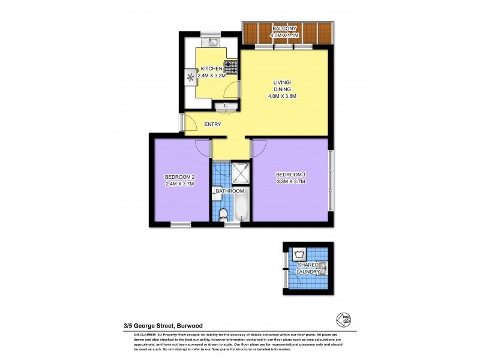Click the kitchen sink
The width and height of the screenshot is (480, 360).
[214, 42]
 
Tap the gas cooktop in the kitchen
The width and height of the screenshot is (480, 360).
[230, 67]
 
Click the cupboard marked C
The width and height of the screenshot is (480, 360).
[226, 106]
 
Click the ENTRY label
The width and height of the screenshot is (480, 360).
[212, 124]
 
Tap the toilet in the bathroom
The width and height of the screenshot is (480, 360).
[223, 214]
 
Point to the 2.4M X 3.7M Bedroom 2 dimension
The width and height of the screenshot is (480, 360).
[180, 184]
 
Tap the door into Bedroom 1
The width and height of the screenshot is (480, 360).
[259, 148]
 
